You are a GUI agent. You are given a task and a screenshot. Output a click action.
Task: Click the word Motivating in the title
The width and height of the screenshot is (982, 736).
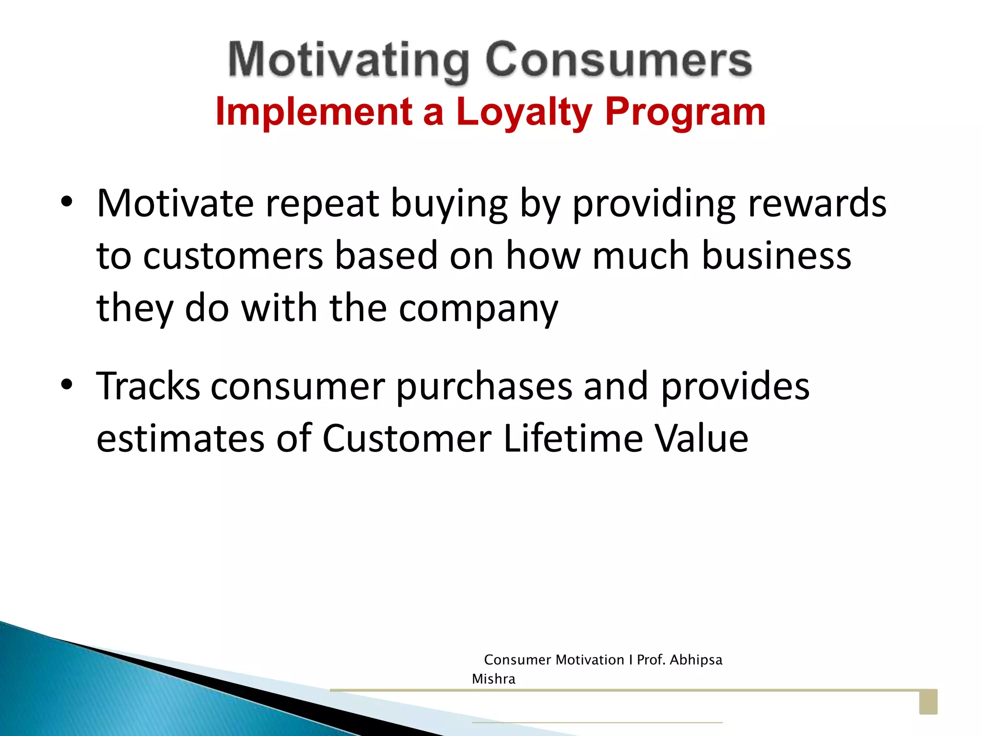point(349,61)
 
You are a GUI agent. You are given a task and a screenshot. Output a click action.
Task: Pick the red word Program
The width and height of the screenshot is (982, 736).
point(685,112)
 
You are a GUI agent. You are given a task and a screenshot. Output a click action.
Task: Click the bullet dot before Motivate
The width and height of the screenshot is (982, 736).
point(67,202)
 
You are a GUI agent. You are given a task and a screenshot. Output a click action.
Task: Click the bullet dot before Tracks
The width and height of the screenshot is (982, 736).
point(67,384)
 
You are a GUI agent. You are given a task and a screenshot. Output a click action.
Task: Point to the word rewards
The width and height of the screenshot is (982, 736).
point(817,203)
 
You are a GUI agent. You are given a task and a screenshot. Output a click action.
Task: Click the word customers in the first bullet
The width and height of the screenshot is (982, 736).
point(233,256)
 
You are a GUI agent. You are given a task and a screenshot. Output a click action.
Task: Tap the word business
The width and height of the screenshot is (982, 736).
point(776,256)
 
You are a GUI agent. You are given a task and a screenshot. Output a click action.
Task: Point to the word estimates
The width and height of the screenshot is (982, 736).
point(180,438)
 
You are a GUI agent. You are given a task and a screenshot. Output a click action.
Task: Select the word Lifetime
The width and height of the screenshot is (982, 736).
point(573,438)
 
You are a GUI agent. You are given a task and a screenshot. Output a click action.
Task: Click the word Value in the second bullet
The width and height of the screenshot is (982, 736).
point(701,438)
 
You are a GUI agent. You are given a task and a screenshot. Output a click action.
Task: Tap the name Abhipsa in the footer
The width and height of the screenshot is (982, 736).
point(696,660)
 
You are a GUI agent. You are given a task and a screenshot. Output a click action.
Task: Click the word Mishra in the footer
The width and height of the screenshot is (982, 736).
point(493,679)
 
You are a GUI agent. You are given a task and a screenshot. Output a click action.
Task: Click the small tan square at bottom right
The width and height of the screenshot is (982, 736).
point(928,702)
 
